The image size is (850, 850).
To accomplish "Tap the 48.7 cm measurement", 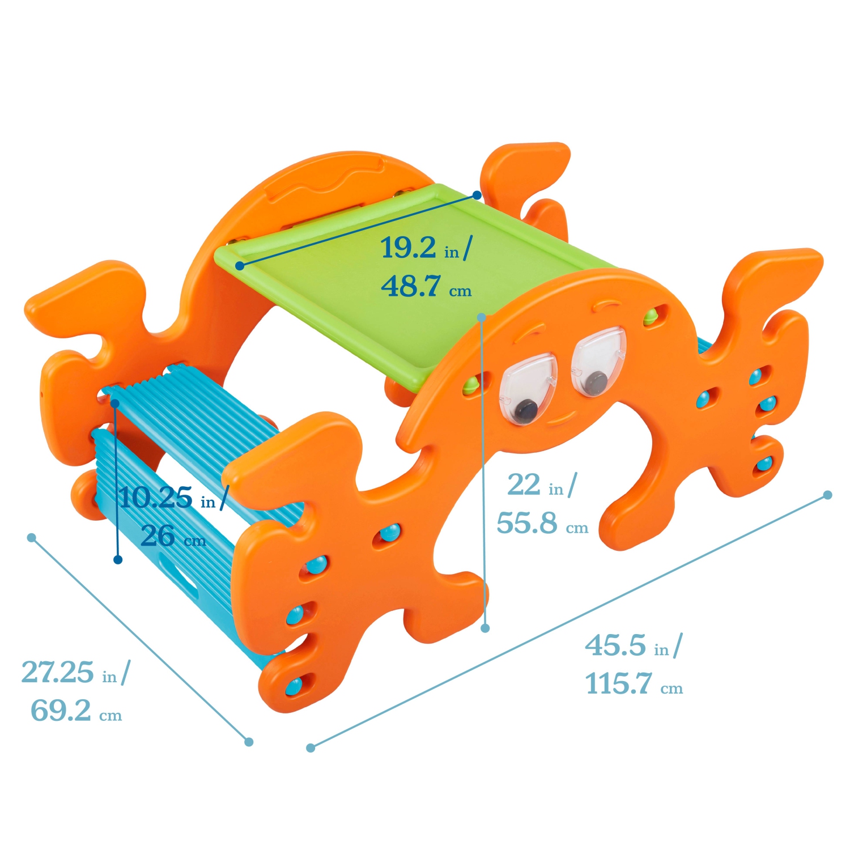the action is click(x=426, y=286).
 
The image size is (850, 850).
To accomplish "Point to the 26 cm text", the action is click(x=173, y=536).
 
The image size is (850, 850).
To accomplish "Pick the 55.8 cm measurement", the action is click(x=542, y=523).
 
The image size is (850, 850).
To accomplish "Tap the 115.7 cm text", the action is click(x=634, y=684).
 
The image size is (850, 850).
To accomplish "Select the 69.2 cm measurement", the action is click(x=76, y=711).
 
